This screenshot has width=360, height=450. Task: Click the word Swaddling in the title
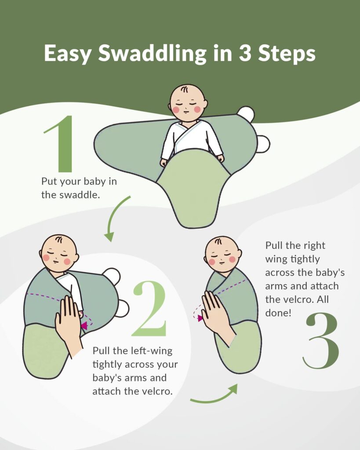tap(153, 54)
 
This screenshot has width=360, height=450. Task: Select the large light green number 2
tap(149, 308)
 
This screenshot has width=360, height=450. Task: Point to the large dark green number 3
tap(321, 341)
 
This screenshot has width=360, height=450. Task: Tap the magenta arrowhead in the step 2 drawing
tap(84, 326)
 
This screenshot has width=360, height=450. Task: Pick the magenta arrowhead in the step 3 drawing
tap(200, 318)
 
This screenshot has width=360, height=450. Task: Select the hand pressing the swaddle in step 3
tap(218, 319)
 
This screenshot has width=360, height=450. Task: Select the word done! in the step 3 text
tap(278, 313)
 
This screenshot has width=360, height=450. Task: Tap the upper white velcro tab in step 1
tap(246, 114)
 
